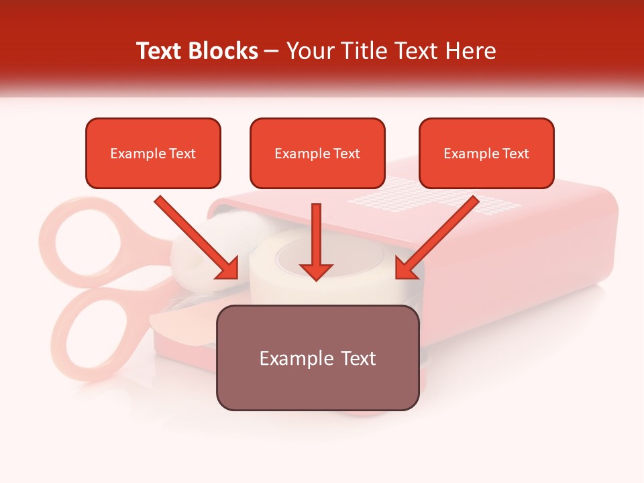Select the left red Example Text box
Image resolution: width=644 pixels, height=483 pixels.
point(153,154)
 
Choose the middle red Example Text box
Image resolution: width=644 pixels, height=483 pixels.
point(317,154)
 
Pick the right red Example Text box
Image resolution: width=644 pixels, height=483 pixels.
point(486,154)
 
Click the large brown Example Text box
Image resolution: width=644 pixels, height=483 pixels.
point(317,358)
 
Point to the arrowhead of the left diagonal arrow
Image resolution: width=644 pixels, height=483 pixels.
point(229,270)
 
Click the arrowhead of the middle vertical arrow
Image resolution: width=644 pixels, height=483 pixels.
point(316,270)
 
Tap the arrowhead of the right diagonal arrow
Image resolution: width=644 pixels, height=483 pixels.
point(405,270)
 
